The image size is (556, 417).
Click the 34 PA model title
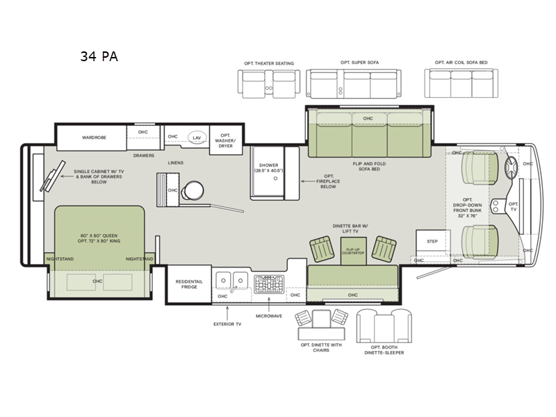99,56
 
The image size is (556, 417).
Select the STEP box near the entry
432,242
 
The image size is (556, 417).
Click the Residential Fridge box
189,284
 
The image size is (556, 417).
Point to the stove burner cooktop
269,284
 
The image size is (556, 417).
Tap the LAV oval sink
197,138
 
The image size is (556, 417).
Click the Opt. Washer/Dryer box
225,140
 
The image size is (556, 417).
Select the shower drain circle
275,179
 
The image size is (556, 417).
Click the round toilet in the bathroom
193,190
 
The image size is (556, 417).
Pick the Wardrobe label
94,138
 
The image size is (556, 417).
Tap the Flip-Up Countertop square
353,251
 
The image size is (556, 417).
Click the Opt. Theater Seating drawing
268,83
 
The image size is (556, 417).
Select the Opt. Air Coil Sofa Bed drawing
461,83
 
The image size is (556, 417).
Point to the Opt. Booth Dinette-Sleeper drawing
384,325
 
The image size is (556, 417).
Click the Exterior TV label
227,324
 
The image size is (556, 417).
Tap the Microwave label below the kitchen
269,316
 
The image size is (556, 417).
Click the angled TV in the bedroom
53,176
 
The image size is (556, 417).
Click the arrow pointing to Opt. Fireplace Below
307,181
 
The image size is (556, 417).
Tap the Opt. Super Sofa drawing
354,83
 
